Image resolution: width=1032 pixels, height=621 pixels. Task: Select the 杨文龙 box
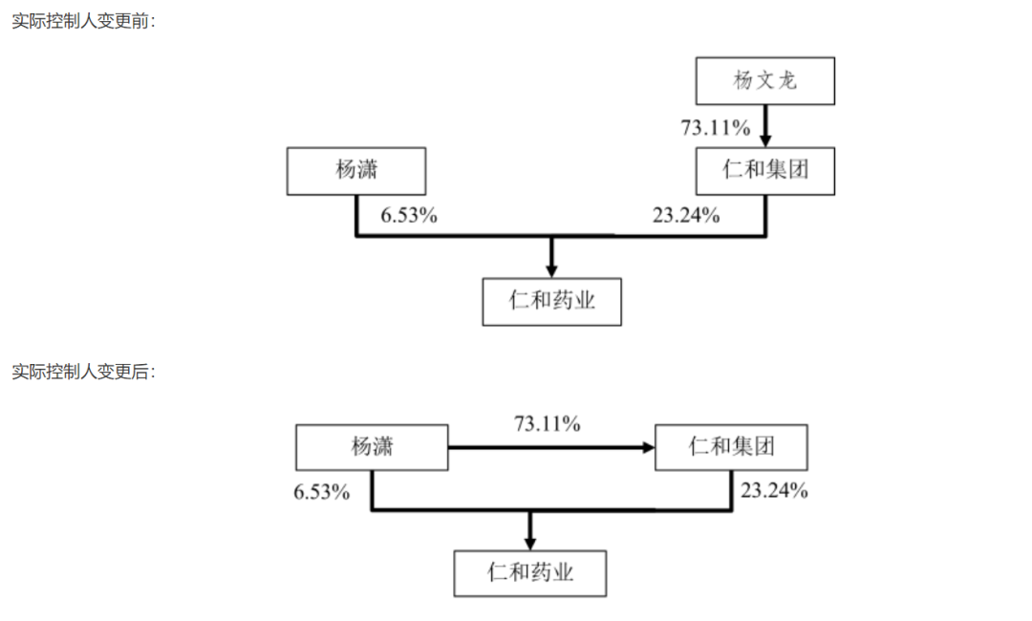[764, 81]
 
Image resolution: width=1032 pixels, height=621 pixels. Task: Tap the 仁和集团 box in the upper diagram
[764, 171]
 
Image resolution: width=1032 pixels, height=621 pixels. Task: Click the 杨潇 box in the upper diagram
[356, 171]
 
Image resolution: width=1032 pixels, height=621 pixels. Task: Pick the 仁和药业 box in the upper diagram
[551, 301]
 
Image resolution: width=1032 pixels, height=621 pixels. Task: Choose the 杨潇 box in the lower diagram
[372, 447]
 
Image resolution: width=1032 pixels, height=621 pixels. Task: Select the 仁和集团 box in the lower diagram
[731, 447]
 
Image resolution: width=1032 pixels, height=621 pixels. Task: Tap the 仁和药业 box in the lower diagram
[529, 573]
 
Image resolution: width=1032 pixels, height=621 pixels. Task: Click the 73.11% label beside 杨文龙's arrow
[716, 127]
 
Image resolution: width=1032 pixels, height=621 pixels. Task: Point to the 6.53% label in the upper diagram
[409, 215]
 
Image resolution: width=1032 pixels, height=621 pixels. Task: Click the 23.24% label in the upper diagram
[686, 215]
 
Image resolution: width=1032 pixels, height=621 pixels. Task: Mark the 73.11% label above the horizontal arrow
[547, 423]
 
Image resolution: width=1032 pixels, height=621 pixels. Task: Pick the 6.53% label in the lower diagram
[321, 492]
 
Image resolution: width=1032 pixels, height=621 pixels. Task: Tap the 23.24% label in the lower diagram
[774, 490]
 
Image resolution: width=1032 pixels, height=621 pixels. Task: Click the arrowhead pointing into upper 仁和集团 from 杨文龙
[764, 140]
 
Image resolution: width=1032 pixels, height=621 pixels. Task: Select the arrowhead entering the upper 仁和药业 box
[551, 271]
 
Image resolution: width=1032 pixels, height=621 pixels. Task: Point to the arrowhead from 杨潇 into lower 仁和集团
[648, 447]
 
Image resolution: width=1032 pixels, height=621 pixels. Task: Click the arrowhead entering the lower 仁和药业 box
[529, 544]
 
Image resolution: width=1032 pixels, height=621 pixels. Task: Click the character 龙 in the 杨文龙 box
[787, 80]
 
